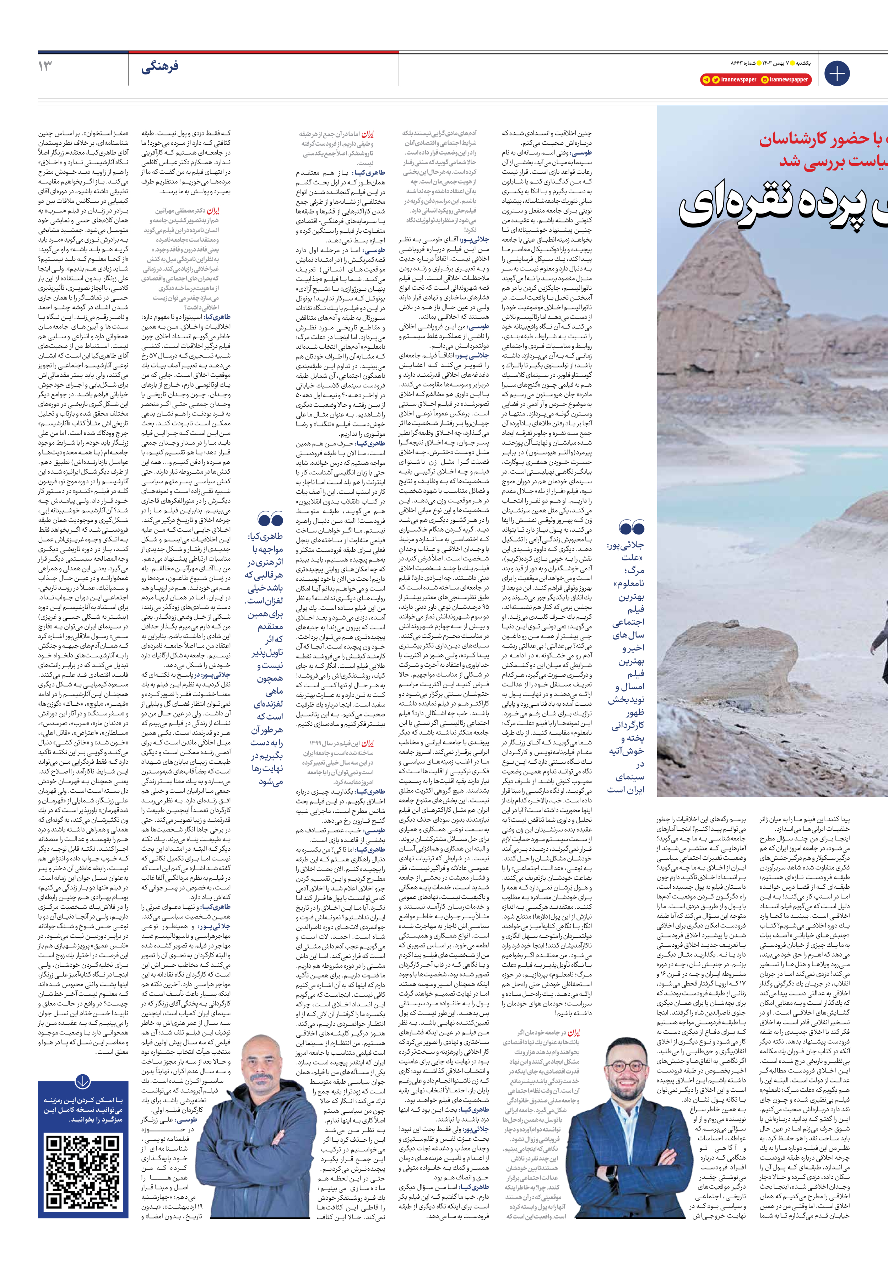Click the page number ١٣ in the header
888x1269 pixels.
click(45, 66)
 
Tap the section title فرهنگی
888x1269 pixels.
click(160, 68)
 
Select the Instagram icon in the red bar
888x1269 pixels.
click(765, 80)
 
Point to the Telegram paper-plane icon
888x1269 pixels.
click(706, 80)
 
